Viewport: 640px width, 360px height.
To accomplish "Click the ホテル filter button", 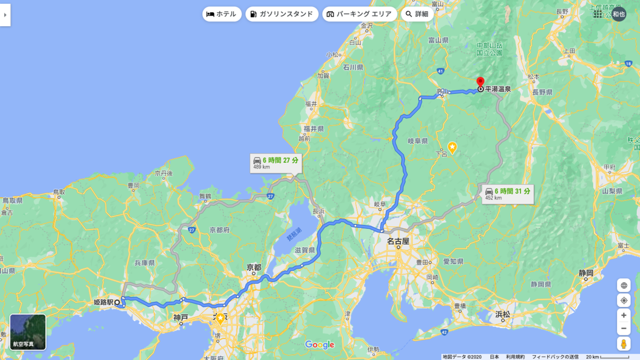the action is [221, 14].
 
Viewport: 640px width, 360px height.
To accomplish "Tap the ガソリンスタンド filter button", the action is [282, 14].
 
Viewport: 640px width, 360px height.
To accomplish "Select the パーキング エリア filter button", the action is [359, 14].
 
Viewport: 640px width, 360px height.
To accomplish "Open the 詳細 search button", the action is [417, 14].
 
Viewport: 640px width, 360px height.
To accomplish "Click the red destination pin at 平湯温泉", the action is [480, 82].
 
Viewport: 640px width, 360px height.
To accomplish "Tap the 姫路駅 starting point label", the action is [103, 302].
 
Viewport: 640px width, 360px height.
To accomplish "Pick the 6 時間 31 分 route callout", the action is [507, 194].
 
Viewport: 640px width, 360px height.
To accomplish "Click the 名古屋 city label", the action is [398, 241].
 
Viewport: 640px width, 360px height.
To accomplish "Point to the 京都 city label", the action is [254, 267].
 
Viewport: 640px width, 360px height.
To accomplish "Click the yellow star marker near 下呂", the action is [452, 147].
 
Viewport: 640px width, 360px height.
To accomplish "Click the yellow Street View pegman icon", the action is [623, 344].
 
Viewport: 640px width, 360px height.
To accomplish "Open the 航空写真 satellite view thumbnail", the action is [28, 332].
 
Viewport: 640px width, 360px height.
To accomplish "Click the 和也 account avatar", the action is [619, 14].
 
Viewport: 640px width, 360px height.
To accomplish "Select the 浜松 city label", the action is [502, 314].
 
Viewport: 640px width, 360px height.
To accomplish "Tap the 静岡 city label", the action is [586, 273].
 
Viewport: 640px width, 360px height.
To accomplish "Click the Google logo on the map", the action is [319, 345].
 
